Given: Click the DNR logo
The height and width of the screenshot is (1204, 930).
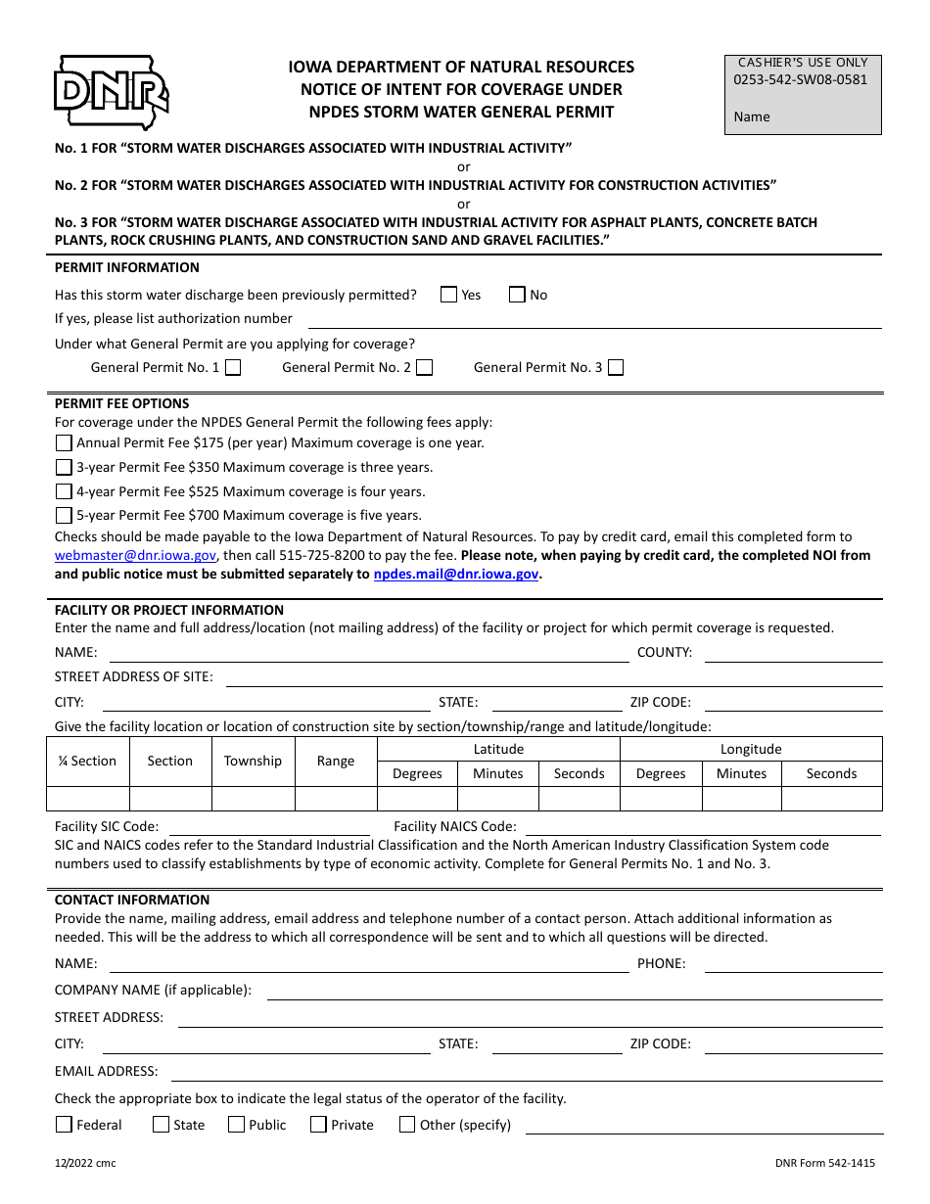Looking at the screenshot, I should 111,92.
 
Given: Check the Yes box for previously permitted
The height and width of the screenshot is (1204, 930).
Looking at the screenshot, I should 449,295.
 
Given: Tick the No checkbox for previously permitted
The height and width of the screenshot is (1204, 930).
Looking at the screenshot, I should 517,295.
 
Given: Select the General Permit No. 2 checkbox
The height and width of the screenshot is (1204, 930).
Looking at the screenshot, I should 425,368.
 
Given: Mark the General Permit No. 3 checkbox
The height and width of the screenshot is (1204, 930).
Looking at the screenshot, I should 616,368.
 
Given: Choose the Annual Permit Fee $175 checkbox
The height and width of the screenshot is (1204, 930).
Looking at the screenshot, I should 64,442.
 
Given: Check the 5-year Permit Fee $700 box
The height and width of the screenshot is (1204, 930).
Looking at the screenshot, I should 64,516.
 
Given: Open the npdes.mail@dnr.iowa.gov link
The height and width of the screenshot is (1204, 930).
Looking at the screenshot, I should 455,575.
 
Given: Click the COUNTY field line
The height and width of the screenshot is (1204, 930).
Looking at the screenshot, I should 793,654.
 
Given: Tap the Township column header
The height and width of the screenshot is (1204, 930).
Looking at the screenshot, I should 253,761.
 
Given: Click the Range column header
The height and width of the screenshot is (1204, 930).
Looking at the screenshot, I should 336,761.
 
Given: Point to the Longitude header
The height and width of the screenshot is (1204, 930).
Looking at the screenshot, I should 751,749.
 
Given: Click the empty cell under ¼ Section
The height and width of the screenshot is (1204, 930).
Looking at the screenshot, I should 88,798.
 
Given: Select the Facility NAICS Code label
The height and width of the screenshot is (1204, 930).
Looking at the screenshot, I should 455,827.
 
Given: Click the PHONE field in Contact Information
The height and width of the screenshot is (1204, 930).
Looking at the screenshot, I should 793,964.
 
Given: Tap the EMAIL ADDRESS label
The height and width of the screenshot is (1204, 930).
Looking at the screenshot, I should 106,1071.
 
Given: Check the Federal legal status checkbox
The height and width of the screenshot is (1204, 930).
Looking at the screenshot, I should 64,1125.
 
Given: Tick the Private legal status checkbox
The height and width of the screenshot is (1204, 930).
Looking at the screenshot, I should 318,1125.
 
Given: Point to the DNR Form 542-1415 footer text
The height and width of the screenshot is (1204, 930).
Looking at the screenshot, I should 824,1163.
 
